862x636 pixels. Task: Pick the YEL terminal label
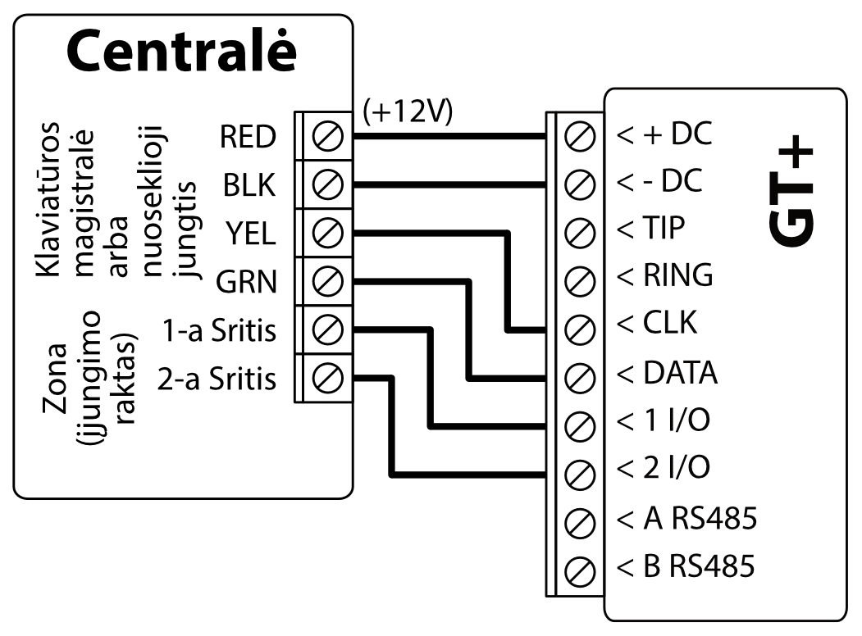click(251, 235)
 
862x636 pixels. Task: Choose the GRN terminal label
click(246, 283)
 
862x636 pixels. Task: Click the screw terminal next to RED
click(328, 138)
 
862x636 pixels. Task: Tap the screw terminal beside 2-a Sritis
click(328, 379)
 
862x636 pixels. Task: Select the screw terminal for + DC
click(581, 136)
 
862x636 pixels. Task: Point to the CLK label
click(656, 325)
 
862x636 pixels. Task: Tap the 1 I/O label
click(663, 420)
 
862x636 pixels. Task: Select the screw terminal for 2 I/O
click(581, 470)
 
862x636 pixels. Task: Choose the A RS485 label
click(686, 518)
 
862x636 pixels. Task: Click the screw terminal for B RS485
click(581, 567)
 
